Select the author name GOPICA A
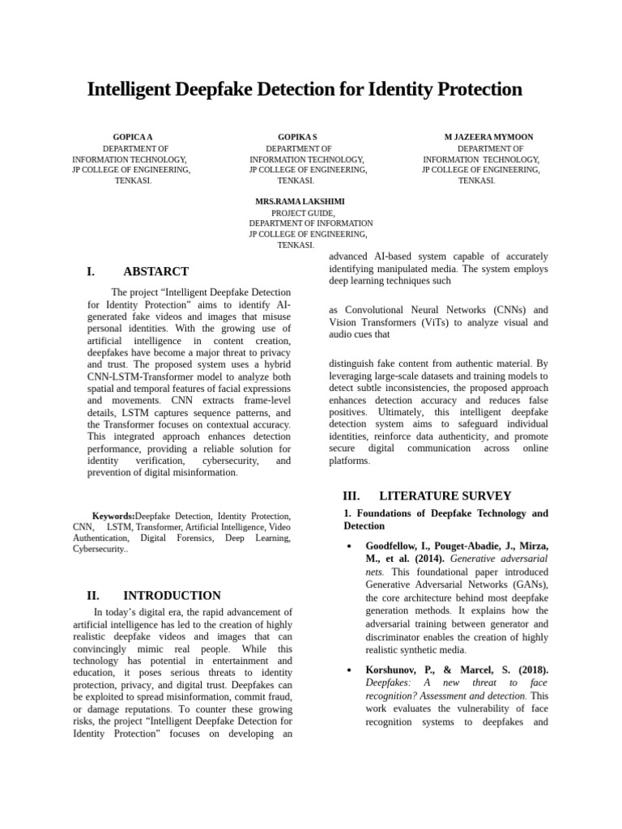tap(133, 138)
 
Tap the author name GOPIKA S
tap(297, 138)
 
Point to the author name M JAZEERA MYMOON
tap(489, 138)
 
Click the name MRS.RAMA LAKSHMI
tap(299, 201)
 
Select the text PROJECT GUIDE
tap(303, 212)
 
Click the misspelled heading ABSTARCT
tap(155, 272)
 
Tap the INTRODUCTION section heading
tap(172, 595)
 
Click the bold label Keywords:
tap(113, 516)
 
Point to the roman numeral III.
tap(351, 495)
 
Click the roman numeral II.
tap(92, 595)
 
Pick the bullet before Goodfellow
tap(347, 546)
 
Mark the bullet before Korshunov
tap(347, 670)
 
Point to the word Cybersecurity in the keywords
tap(99, 548)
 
